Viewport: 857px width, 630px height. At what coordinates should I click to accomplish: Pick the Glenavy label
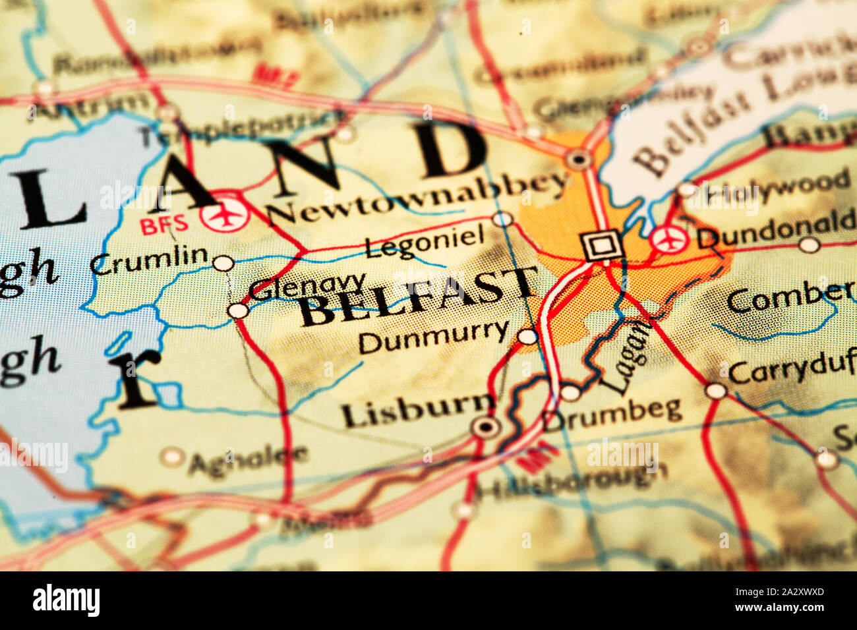coord(307,286)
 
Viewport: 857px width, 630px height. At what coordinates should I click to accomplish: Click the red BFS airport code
coord(164,225)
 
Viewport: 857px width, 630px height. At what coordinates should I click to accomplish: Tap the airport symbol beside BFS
coord(225,214)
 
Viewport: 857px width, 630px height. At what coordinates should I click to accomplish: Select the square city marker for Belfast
coord(601,246)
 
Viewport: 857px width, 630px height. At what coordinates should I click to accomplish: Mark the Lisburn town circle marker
coord(487,426)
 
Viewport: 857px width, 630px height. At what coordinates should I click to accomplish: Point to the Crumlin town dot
coord(223,263)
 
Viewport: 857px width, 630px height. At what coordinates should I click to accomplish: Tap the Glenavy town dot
coord(237,310)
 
